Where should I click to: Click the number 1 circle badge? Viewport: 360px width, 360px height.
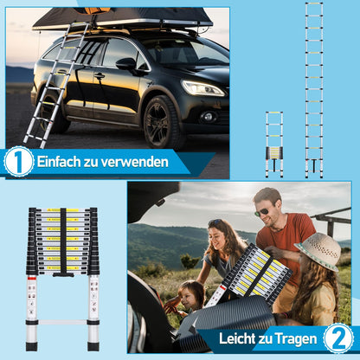[x=18, y=162]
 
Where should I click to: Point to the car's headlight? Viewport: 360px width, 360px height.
[x=202, y=87]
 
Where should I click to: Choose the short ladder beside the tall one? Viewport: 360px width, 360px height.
[x=273, y=143]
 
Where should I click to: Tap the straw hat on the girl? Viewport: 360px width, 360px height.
[x=318, y=251]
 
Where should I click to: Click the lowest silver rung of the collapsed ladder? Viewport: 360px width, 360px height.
[x=62, y=325]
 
